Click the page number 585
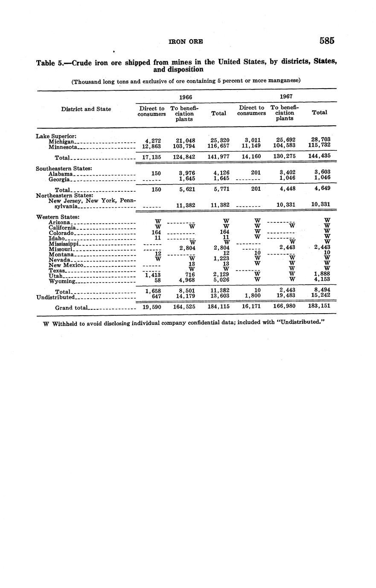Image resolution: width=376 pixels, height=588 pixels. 326,41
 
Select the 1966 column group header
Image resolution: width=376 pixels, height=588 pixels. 185,97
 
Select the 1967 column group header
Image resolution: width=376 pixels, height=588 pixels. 286,97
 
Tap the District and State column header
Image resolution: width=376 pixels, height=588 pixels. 86,109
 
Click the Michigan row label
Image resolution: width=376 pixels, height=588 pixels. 62,142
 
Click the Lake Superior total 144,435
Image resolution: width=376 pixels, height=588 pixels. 320,156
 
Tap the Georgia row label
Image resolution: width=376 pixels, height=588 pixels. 59,179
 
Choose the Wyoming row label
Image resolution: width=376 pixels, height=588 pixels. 62,281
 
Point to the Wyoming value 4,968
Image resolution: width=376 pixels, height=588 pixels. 187,280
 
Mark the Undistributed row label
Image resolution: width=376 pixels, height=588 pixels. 56,297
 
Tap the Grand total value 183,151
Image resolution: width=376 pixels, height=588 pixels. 320,306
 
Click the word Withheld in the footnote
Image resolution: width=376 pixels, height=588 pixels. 67,323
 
